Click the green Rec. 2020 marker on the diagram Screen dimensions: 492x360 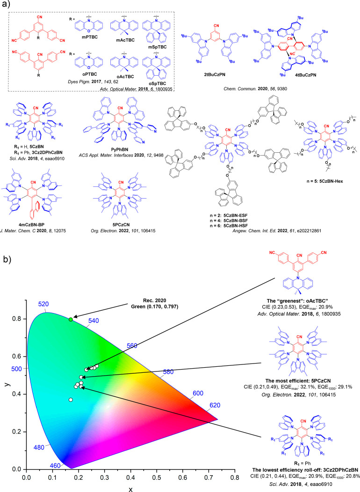coord(71,319)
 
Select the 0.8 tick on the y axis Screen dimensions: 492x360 coord(17,319)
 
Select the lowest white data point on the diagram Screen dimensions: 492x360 coord(71,399)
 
